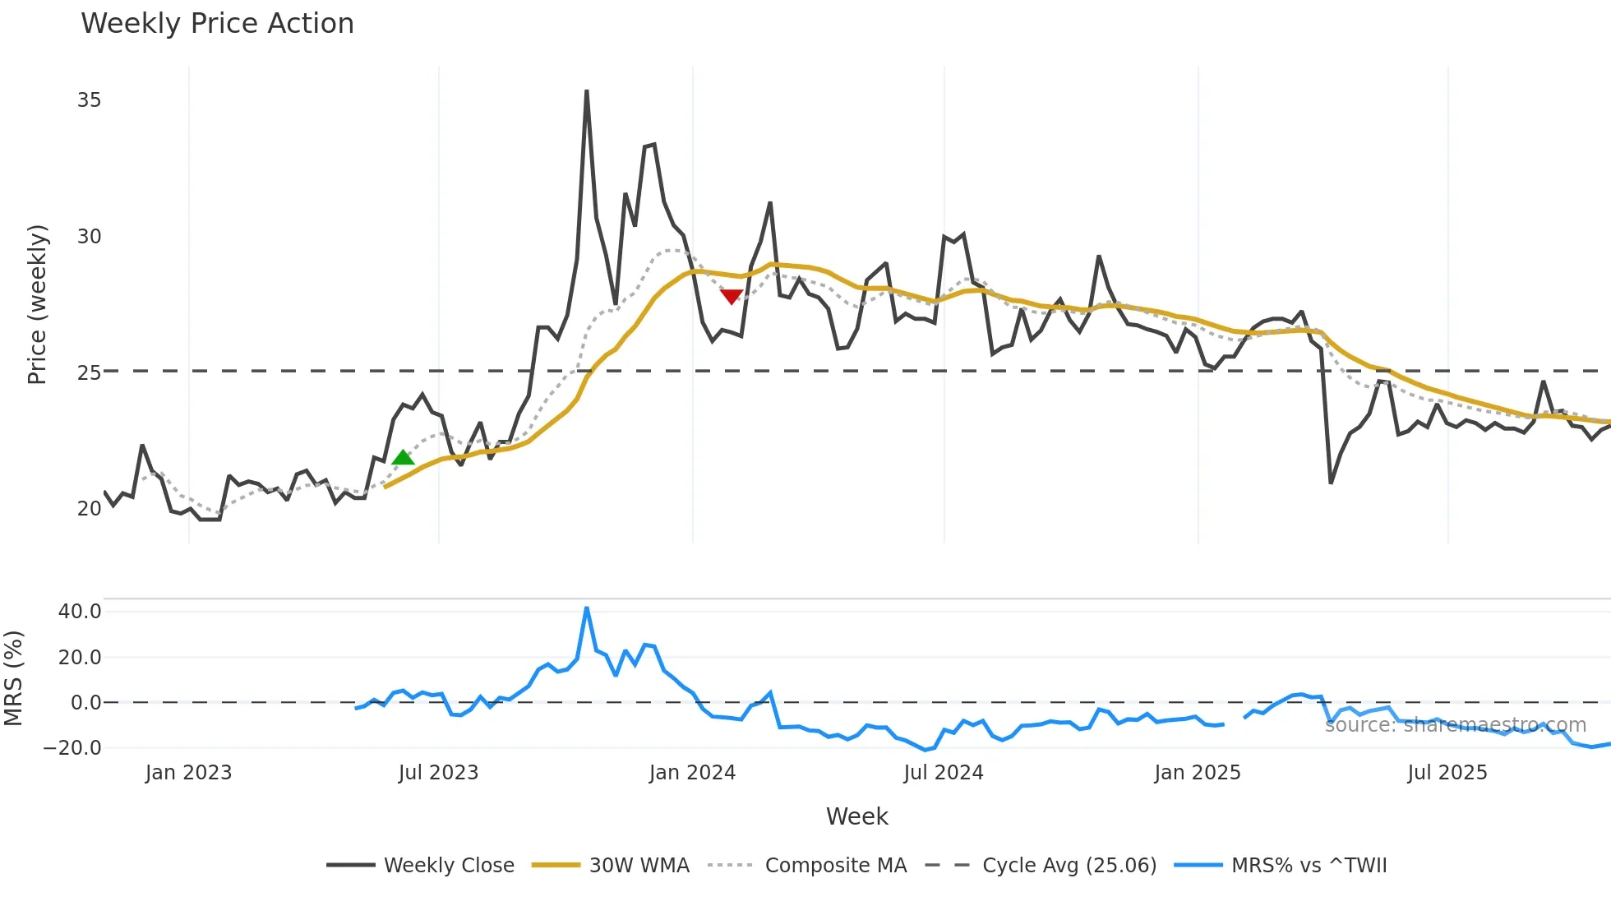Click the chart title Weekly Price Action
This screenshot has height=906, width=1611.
(217, 24)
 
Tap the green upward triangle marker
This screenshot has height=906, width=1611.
(403, 458)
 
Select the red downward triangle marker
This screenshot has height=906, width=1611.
(731, 296)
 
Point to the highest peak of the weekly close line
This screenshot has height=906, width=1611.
(586, 91)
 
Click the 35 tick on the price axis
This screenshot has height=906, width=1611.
(89, 100)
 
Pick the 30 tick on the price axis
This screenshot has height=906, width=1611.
(89, 237)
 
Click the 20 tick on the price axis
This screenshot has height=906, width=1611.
(89, 509)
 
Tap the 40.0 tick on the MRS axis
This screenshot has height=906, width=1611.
(80, 612)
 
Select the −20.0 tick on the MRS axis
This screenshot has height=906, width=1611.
(72, 748)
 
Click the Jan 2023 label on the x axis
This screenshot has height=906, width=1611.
(188, 773)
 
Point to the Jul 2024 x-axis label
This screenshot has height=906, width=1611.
(943, 773)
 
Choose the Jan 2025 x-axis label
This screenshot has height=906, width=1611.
(1197, 773)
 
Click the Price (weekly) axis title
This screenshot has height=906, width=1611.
(38, 304)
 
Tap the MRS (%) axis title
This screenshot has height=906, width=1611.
(13, 678)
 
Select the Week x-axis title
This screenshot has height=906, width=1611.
(856, 816)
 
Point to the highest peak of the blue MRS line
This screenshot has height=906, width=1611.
(586, 608)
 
